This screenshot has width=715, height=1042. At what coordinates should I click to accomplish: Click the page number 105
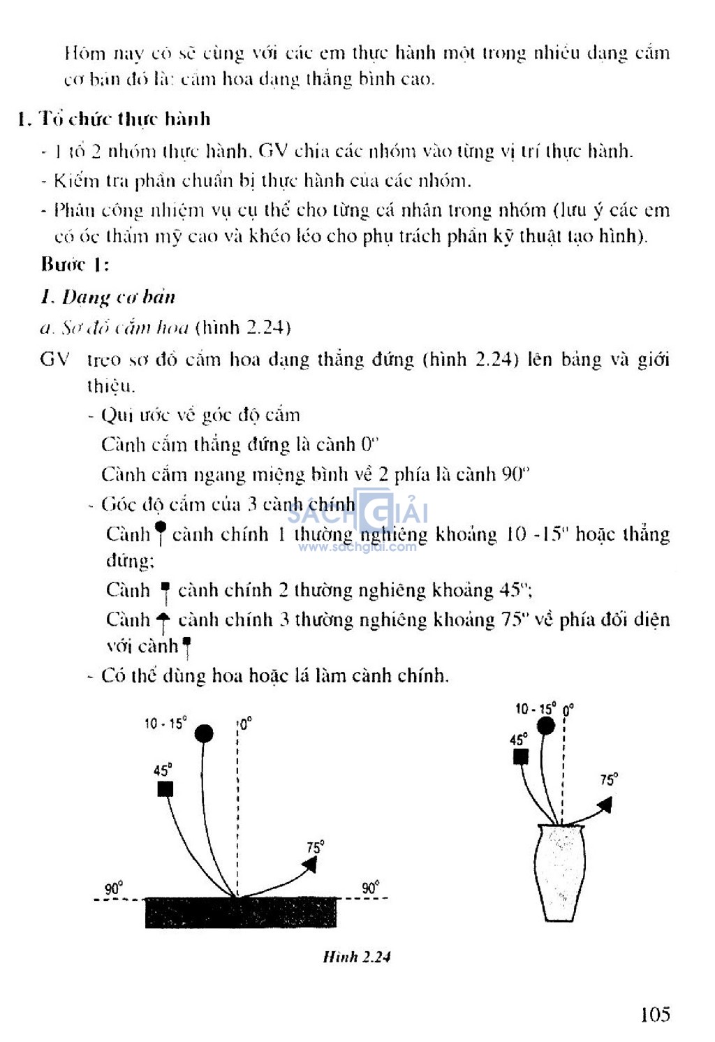(x=654, y=1013)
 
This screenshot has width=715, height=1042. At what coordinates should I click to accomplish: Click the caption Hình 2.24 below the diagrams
(x=356, y=957)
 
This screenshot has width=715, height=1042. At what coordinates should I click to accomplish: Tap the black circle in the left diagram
(x=204, y=733)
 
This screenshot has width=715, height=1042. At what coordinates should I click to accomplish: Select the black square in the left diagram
(x=165, y=789)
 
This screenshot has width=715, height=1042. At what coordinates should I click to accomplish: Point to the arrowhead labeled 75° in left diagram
(x=309, y=865)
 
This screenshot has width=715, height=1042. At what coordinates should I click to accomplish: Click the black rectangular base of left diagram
(x=240, y=913)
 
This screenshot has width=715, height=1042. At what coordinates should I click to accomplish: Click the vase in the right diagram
(x=560, y=873)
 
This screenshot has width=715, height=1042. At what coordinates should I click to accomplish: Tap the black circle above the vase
(x=546, y=726)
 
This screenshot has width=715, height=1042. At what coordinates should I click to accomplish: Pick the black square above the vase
(x=520, y=757)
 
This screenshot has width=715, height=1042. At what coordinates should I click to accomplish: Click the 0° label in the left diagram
(x=245, y=724)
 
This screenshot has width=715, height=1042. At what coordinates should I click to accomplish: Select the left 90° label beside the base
(x=114, y=888)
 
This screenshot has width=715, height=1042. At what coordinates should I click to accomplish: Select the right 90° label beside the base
(x=370, y=888)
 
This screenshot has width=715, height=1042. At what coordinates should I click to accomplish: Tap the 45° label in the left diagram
(x=163, y=770)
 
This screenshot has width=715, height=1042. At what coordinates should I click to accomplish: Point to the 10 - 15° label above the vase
(x=536, y=709)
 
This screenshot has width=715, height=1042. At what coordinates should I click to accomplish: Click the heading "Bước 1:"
(x=75, y=264)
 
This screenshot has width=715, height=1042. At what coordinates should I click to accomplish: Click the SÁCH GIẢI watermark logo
(x=357, y=517)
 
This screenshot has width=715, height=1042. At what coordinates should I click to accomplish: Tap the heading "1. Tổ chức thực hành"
(x=114, y=119)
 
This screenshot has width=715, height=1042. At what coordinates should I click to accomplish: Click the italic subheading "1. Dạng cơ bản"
(x=108, y=298)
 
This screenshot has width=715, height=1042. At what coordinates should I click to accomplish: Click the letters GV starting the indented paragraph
(x=54, y=360)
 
